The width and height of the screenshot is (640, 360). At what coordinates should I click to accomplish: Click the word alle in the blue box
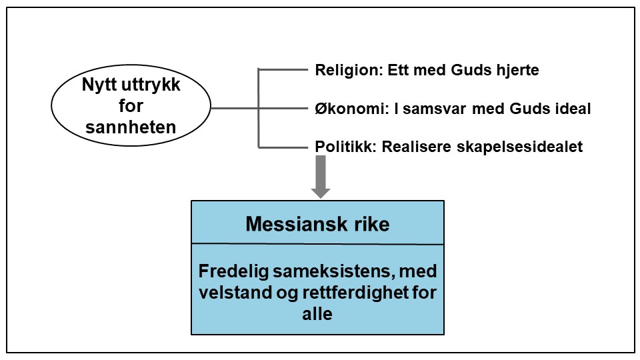317,313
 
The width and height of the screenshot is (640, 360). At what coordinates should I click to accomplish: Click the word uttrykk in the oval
153,86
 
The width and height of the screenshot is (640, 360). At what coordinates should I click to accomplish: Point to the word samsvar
448,108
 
